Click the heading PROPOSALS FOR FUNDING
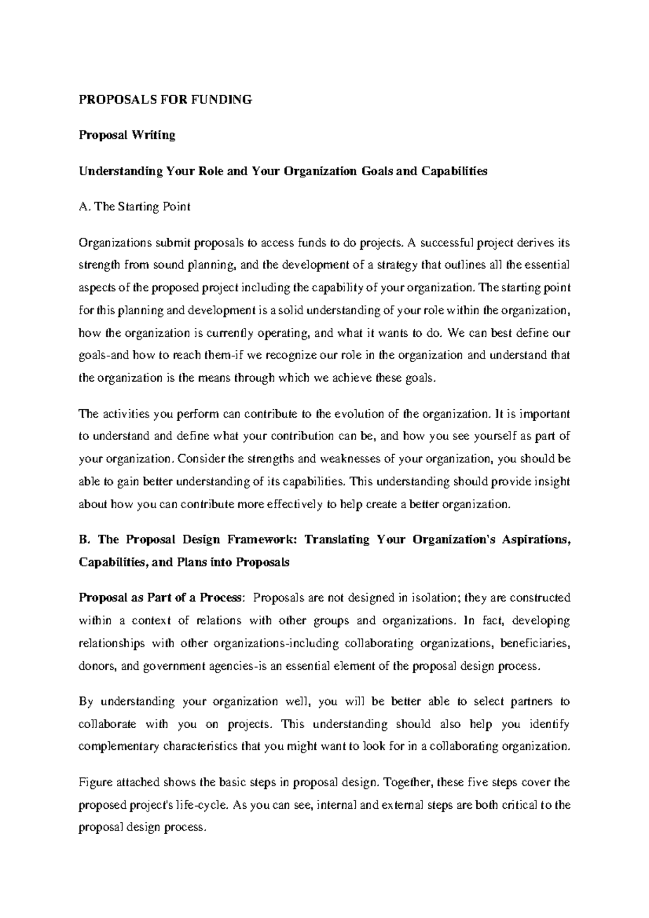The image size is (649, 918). pos(165,99)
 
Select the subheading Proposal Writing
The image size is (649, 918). pos(127,135)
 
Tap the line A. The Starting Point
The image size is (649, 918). pos(135,207)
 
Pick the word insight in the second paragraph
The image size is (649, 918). pos(552,482)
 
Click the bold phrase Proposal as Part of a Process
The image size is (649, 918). pos(160,598)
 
